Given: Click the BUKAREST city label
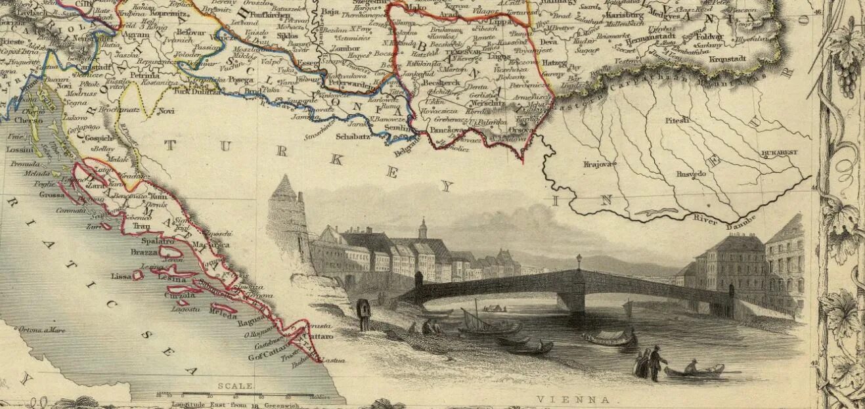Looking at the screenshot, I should point(780,152).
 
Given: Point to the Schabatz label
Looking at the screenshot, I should point(353,137).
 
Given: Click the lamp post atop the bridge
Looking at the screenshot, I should point(579,261).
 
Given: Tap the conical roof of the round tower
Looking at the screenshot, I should point(284,188).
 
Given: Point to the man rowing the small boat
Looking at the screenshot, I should point(691,365).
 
